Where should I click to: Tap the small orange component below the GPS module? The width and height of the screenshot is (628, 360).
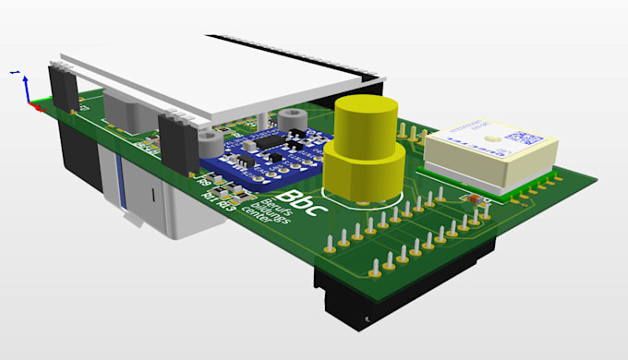pyautogui.click(x=473, y=198)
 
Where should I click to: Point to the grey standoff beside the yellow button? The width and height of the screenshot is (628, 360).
pyautogui.click(x=294, y=121)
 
